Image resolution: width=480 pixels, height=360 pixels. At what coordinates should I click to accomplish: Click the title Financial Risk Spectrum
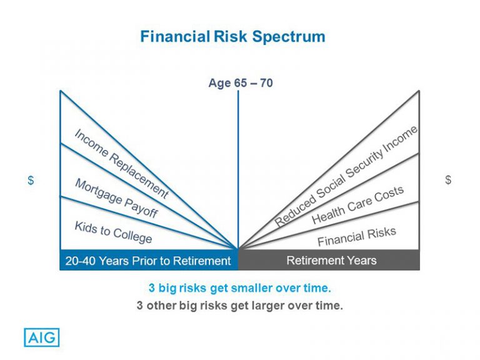pos(232,36)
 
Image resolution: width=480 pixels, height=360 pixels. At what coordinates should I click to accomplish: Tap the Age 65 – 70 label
pos(240,83)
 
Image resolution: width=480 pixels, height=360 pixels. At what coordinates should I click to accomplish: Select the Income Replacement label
pos(121,164)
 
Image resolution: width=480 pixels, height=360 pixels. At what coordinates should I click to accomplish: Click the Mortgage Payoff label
pos(116,198)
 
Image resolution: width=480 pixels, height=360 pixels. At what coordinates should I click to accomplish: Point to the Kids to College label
pos(113,232)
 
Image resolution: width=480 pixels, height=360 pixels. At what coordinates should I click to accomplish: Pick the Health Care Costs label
pos(357,205)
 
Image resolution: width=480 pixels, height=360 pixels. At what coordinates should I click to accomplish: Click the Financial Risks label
pos(356,237)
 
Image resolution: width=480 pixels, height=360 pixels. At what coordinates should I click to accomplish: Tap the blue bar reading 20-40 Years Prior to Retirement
pos(149,261)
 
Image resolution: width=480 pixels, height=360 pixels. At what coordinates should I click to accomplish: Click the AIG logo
pos(42,337)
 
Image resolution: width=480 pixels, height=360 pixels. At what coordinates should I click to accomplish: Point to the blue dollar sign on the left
pos(31,180)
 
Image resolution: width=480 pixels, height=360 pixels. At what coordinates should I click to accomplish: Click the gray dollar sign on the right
pos(448,180)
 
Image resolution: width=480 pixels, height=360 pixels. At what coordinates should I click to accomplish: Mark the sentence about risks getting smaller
pos(239,288)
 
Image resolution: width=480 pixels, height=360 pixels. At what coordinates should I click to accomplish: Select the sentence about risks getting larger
pos(239,306)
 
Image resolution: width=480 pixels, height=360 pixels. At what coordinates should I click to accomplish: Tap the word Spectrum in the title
pos(289,36)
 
